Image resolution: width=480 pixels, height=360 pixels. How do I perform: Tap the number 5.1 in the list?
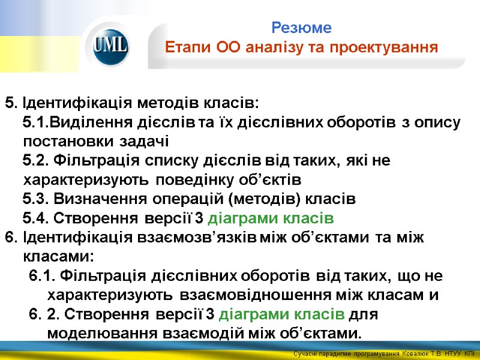(x=35, y=122)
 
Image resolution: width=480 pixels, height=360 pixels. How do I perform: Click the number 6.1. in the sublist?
(x=42, y=275)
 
